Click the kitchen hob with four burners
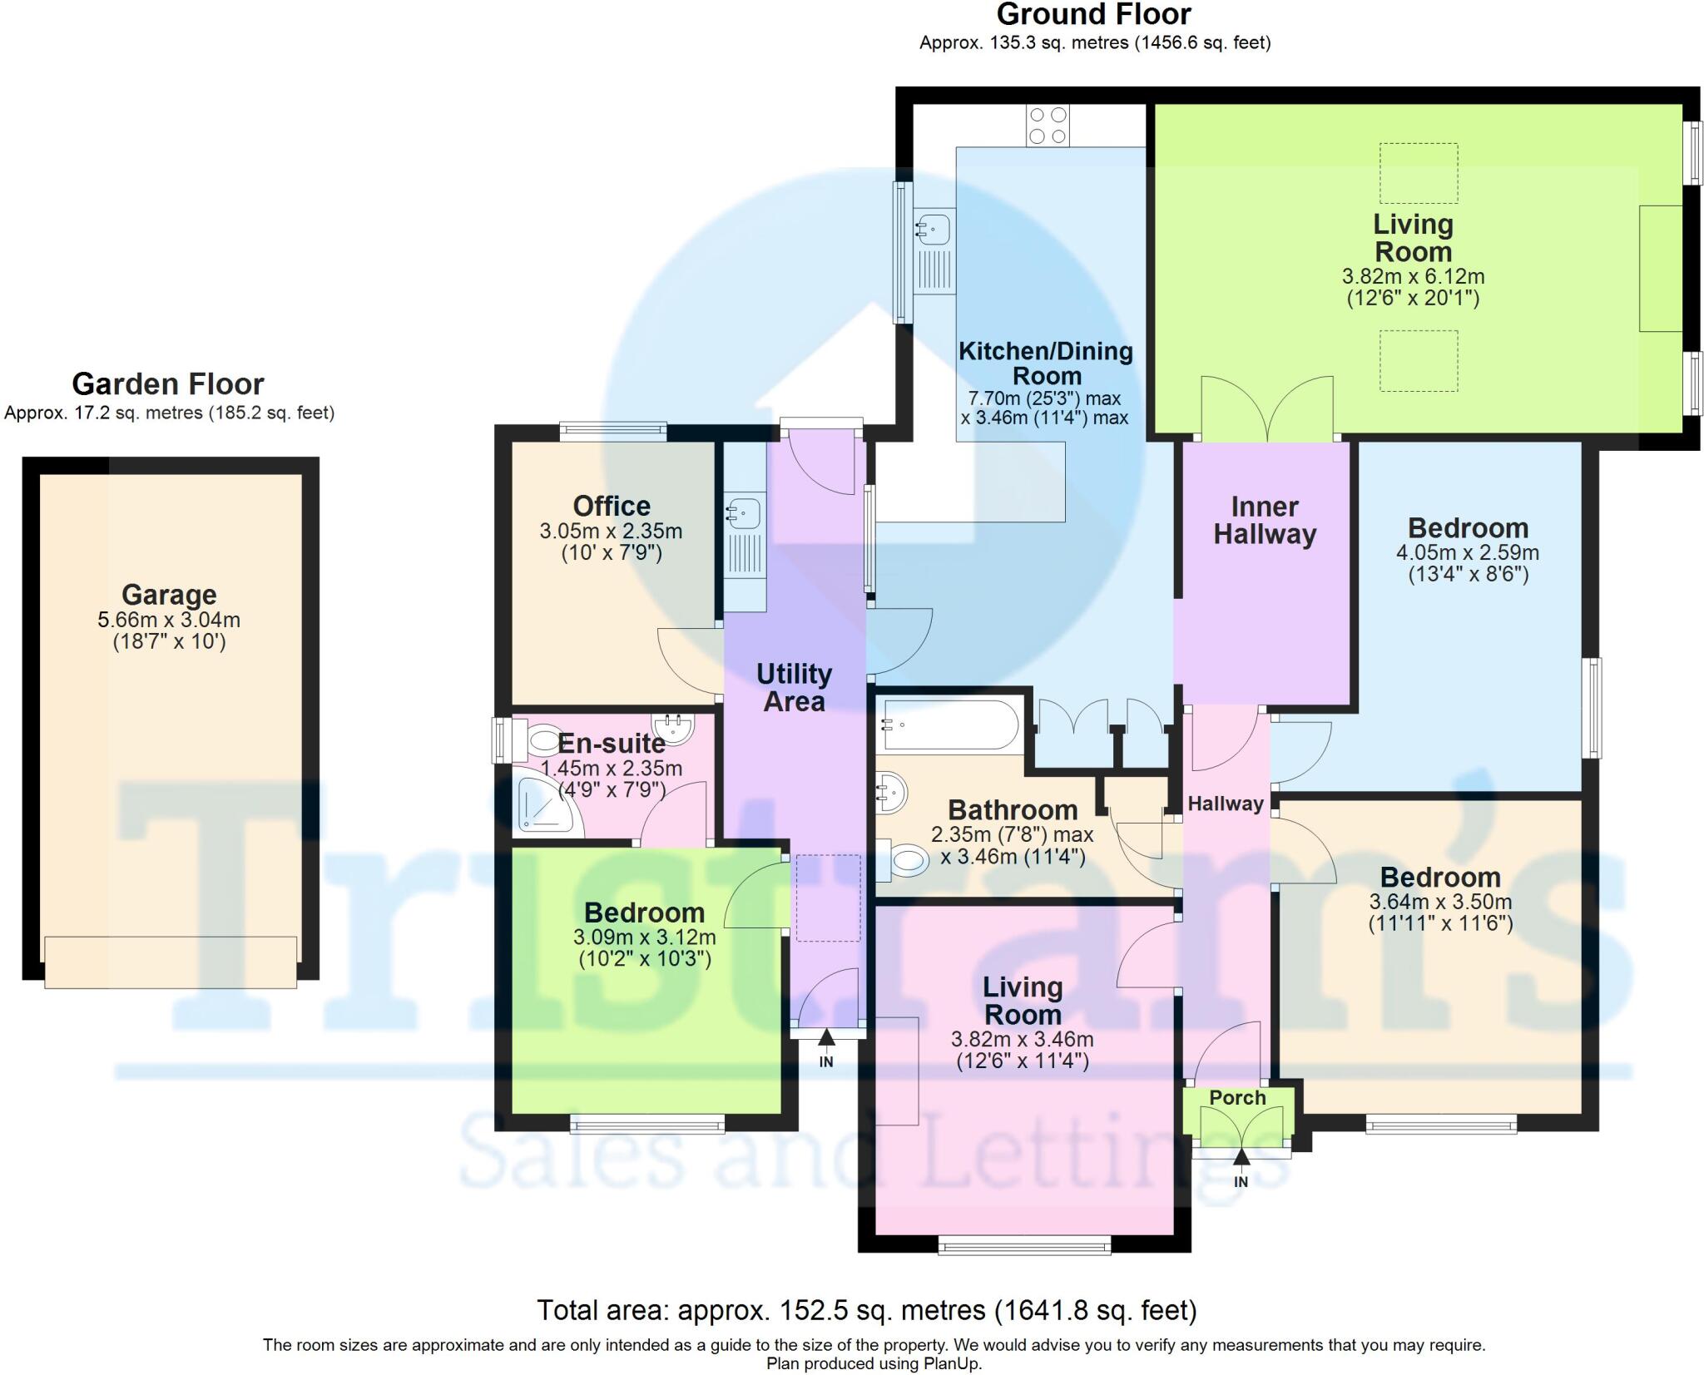coord(1047,126)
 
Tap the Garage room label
coord(169,595)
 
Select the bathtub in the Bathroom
coord(949,725)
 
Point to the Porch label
coord(1237,1098)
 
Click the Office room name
coord(612,506)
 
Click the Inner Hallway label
coord(1265,521)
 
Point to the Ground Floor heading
coord(1093,15)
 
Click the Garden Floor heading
coord(168,384)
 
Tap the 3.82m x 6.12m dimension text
coord(1413,276)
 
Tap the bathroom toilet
coord(905,859)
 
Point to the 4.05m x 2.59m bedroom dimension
coord(1468,552)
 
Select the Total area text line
coord(866,1310)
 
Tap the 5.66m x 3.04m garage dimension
coord(169,620)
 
